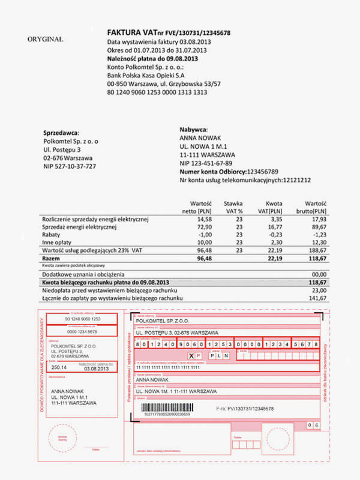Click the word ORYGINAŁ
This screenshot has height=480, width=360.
coord(45,39)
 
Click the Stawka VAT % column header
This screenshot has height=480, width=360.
coord(233,207)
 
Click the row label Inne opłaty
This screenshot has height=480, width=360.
coord(58,242)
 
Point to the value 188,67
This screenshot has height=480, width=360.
coord(317,249)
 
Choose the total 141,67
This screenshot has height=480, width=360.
coord(317,298)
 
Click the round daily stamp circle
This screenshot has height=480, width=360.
coord(63,434)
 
